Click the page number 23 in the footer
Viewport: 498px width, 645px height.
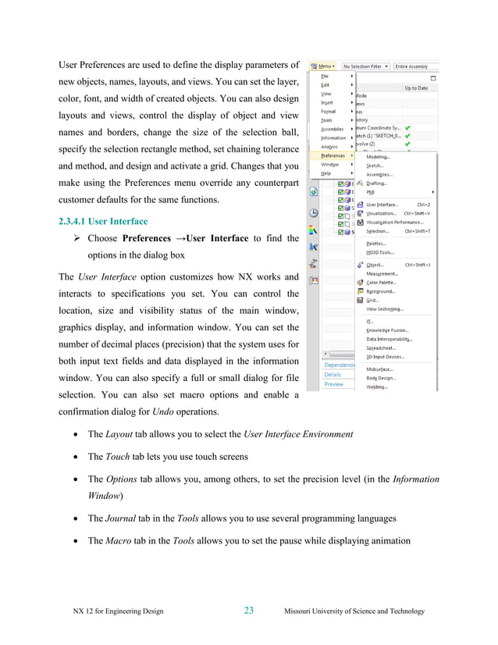click(248, 611)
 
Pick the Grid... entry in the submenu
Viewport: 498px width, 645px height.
click(372, 300)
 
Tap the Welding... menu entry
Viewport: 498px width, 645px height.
click(377, 387)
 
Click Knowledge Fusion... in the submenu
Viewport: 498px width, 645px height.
click(388, 330)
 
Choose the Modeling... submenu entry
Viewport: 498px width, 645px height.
click(379, 156)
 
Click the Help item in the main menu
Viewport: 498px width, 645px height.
click(326, 173)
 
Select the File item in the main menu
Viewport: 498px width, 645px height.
click(325, 76)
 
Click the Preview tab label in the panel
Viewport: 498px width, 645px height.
click(334, 384)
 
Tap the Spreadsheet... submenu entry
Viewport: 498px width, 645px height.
click(384, 348)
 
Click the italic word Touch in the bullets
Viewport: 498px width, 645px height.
click(119, 456)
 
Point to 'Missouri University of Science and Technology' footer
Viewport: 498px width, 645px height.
click(355, 611)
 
